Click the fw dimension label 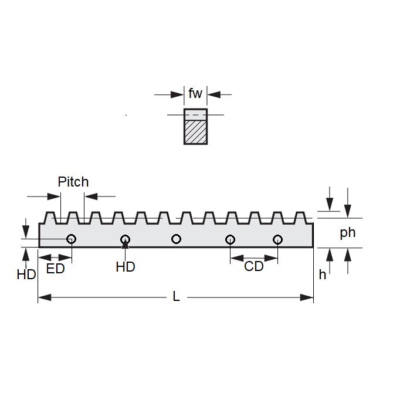pyautogui.click(x=195, y=93)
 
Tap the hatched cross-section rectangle pyautogui.click(x=195, y=133)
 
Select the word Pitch pyautogui.click(x=73, y=182)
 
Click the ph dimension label pyautogui.click(x=348, y=232)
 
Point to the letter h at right pyautogui.click(x=323, y=274)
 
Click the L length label pyautogui.click(x=176, y=297)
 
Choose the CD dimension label pyautogui.click(x=254, y=267)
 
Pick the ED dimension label pyautogui.click(x=55, y=269)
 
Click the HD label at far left pyautogui.click(x=26, y=274)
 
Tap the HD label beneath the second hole pyautogui.click(x=126, y=267)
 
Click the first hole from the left pyautogui.click(x=72, y=239)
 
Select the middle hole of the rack pyautogui.click(x=177, y=239)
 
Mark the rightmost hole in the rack pyautogui.click(x=278, y=239)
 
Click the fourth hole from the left pyautogui.click(x=230, y=239)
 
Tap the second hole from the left pyautogui.click(x=125, y=239)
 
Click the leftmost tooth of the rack pyautogui.click(x=50, y=217)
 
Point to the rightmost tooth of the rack pyautogui.click(x=300, y=217)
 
